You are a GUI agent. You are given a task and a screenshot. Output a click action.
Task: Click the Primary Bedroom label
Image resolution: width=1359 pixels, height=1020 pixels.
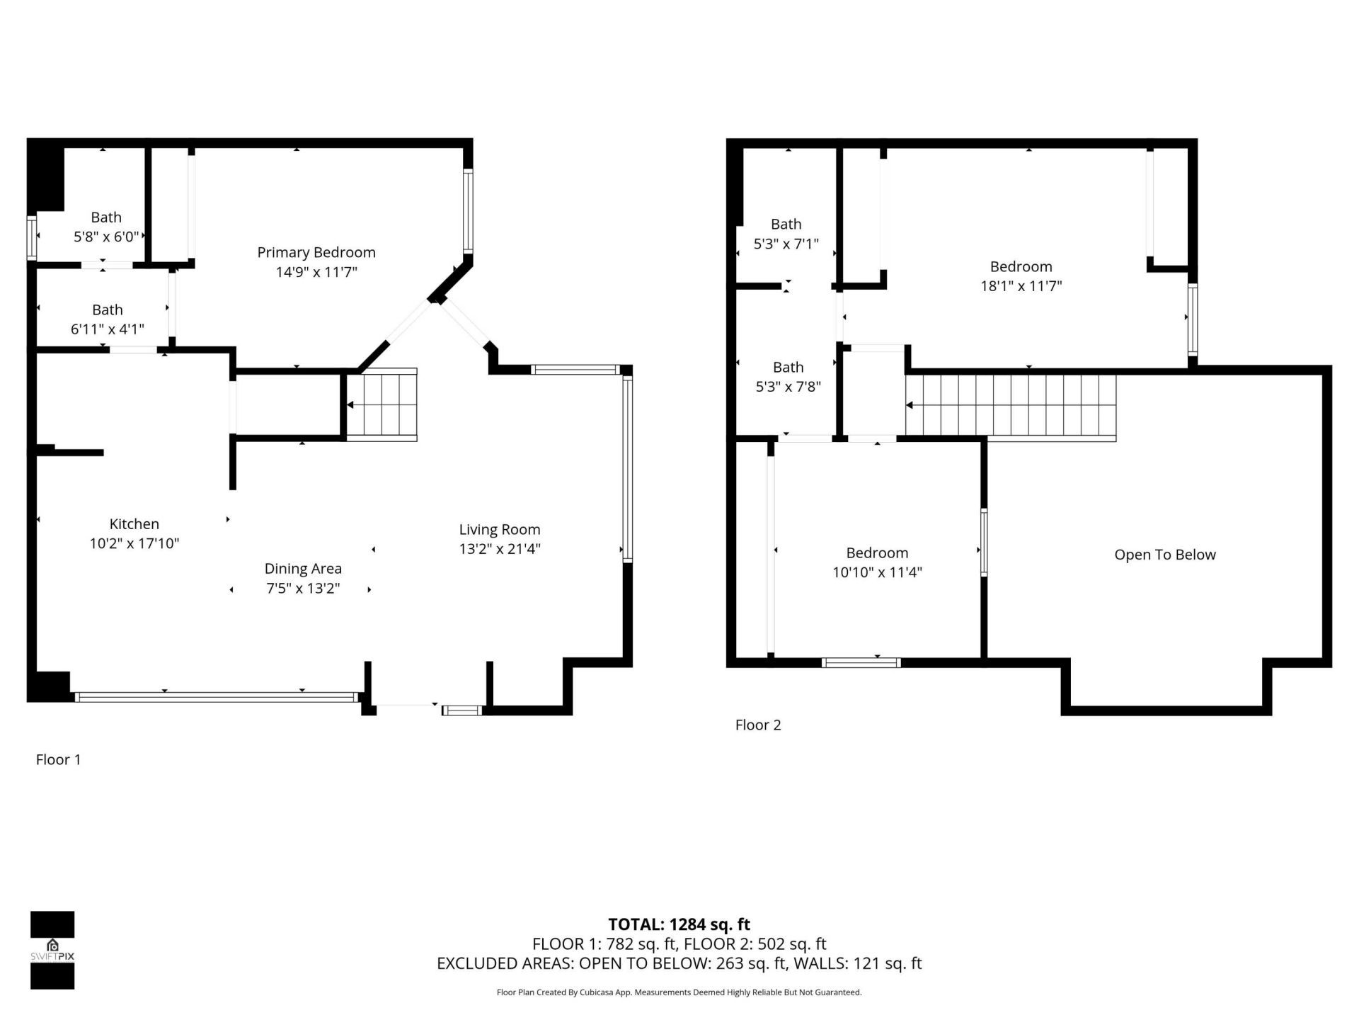point(316,252)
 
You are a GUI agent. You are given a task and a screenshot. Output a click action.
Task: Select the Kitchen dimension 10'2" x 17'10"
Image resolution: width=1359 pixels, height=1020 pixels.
point(134,543)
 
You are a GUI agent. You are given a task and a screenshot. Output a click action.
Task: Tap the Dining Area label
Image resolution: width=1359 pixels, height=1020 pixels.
point(303,568)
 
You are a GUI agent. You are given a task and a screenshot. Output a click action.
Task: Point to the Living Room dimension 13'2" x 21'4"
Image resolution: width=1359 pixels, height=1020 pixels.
point(500,548)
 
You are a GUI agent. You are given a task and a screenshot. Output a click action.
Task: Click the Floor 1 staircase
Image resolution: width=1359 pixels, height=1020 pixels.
point(382,404)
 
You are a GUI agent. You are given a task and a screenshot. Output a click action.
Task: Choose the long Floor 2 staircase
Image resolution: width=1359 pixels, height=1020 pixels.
point(1011,405)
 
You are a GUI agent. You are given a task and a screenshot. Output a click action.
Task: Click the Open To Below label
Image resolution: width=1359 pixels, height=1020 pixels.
point(1164,555)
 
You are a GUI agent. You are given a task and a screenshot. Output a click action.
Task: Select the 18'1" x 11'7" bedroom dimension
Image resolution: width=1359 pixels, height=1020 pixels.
point(1021,286)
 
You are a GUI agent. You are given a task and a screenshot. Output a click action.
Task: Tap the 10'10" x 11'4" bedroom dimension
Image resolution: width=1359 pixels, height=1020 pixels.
point(877,572)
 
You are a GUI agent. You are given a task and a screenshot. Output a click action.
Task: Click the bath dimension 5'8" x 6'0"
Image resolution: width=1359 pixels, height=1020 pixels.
point(106,237)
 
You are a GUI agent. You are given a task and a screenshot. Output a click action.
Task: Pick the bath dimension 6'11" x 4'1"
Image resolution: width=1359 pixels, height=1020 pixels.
point(107,329)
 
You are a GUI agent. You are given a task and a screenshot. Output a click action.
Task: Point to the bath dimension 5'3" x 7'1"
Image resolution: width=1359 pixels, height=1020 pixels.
point(786,244)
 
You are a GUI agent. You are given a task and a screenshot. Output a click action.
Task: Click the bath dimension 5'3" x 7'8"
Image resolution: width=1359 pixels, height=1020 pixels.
point(788,387)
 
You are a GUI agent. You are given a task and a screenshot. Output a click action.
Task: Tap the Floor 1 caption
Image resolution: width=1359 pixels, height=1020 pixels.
point(58,759)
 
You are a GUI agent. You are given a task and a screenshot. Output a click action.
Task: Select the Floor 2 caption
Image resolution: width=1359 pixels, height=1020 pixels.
point(757,725)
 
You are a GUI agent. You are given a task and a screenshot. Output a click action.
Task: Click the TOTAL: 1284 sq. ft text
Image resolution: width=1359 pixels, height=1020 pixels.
point(679,924)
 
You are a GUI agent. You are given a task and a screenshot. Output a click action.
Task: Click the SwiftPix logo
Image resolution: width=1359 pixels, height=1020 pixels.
point(52,950)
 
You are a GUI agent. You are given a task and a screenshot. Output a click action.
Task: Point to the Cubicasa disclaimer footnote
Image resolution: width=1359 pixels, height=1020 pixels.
point(679,992)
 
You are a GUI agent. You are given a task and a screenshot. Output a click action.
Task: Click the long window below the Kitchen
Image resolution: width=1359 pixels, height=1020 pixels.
point(216,697)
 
